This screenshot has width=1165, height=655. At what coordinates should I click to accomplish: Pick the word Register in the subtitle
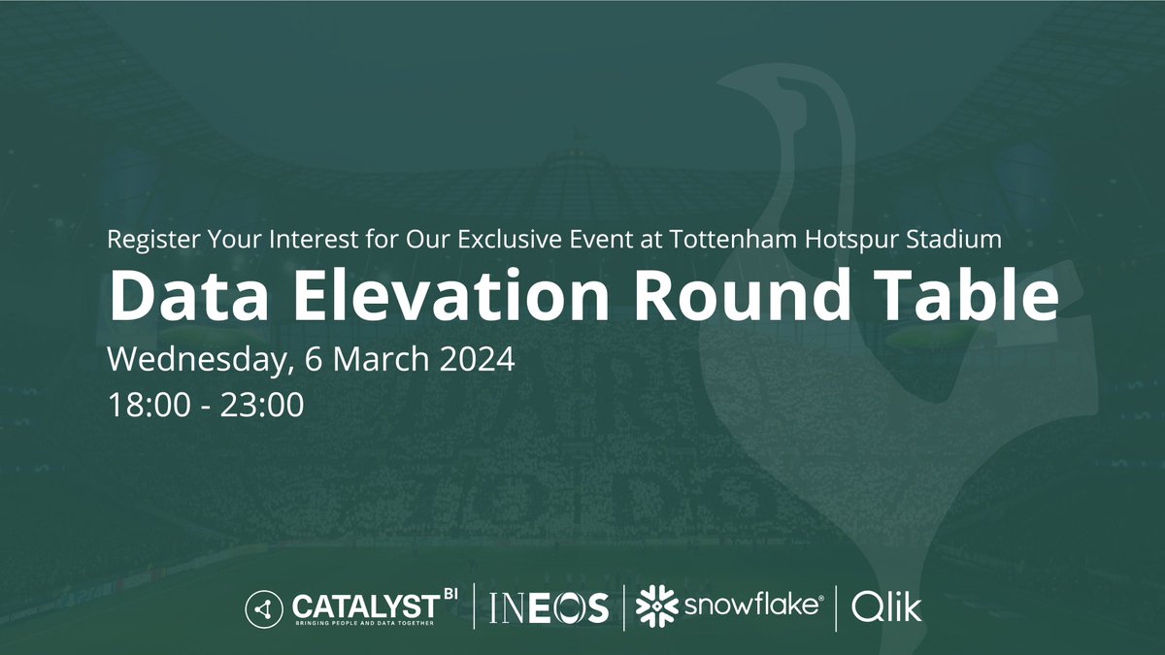pyautogui.click(x=150, y=240)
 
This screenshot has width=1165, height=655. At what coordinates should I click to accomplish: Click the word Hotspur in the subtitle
pyautogui.click(x=848, y=239)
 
